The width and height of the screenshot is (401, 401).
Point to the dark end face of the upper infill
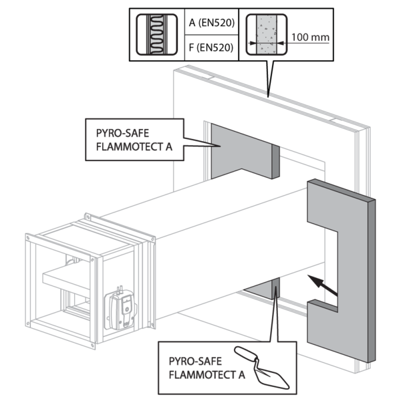(x=275, y=160)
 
